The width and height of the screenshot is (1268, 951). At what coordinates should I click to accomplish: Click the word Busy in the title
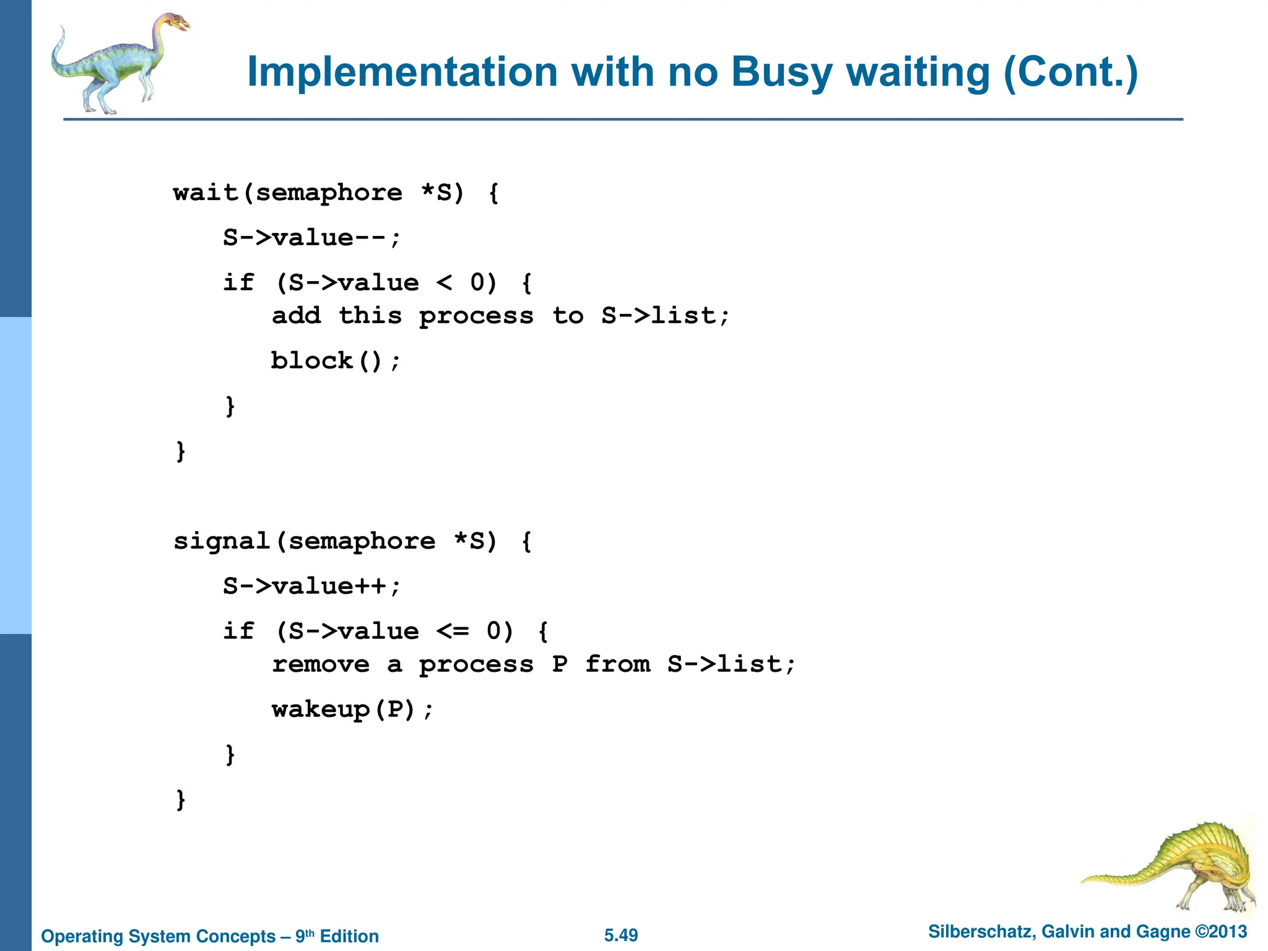782,73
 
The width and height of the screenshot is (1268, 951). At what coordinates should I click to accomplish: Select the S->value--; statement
312,238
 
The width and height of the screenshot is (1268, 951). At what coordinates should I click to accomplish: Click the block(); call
336,361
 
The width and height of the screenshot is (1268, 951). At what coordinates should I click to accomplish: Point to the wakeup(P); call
353,710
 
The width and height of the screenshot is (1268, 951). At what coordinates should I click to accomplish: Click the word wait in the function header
206,193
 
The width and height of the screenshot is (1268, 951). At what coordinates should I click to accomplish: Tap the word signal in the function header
222,541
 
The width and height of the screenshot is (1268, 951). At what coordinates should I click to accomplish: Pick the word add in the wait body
297,316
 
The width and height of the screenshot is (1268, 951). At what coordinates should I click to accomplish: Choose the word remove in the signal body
321,664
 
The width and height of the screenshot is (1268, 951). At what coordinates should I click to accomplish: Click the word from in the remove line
618,664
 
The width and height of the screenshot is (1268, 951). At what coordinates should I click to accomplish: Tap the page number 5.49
621,935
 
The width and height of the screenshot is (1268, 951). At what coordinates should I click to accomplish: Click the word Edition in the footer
349,936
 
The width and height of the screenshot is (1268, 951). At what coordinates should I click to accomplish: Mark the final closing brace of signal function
181,800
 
